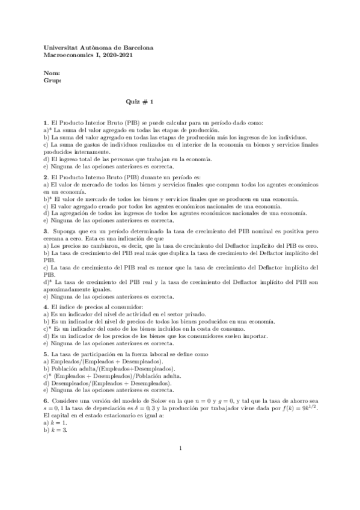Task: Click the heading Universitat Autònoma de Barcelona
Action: [99, 47]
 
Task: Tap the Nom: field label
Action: [52, 73]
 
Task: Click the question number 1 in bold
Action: [46, 123]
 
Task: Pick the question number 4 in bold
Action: [46, 308]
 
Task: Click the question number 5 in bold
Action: [46, 355]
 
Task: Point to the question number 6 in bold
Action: [46, 401]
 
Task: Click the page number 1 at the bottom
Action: [180, 482]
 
